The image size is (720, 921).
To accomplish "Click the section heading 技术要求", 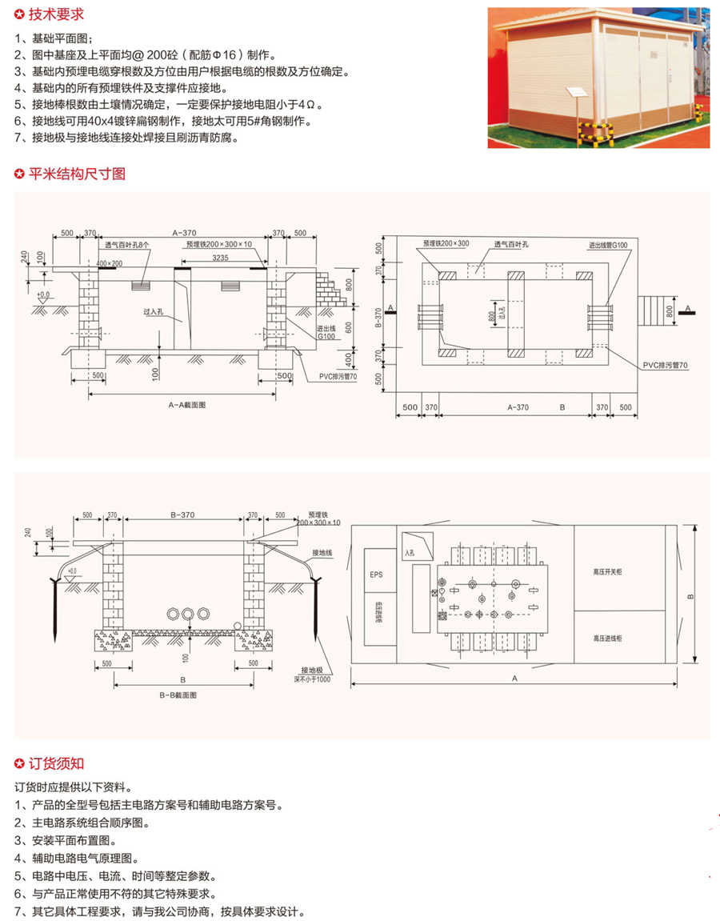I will pos(54,14).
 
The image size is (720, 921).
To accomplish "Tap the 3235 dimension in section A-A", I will pos(225,258).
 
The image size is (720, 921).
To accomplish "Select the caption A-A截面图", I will pos(187,405).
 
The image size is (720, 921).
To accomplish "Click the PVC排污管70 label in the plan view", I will pos(664,364).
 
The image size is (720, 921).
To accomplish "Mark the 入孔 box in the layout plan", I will pos(414,548).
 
